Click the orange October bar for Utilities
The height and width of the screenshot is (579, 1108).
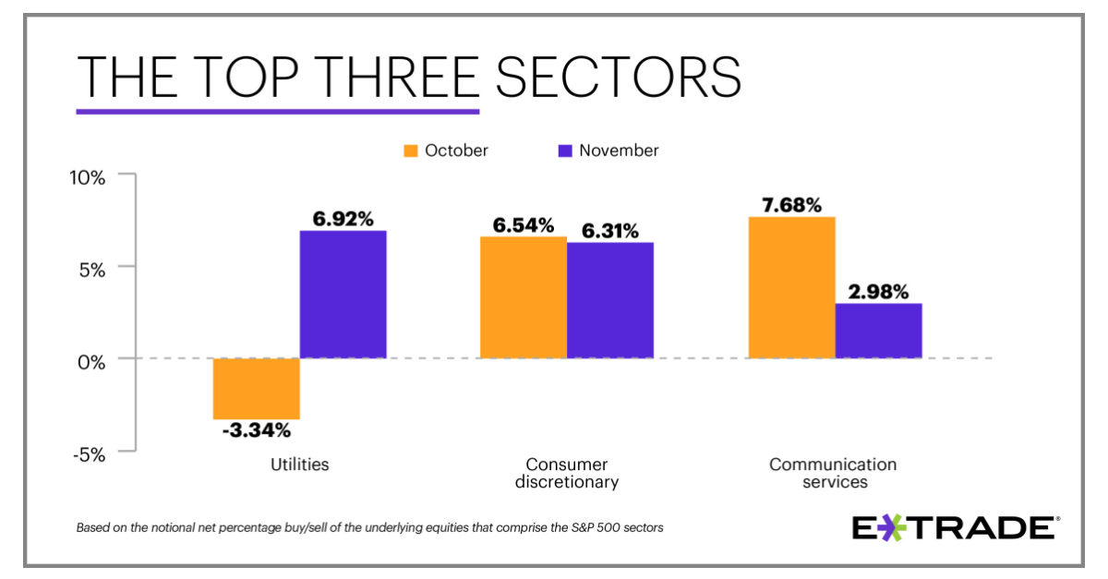coord(256,389)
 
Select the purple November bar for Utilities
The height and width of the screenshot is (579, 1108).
coord(343,295)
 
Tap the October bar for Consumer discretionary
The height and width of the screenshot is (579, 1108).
coord(523,297)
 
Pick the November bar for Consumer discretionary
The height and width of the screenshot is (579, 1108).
coord(609,300)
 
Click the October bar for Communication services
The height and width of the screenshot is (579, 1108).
coord(791,287)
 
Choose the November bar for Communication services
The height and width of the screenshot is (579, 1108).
coord(878,331)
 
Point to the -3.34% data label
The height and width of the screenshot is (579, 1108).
coord(256,430)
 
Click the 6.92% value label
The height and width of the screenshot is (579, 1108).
coord(343,219)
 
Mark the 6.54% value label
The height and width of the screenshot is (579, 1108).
coord(523,225)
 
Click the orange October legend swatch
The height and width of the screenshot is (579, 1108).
coord(410,151)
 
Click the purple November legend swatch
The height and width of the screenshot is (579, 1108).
coord(564,151)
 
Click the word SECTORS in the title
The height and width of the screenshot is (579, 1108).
coord(618,77)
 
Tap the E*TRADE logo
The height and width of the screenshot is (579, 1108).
coord(954,528)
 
